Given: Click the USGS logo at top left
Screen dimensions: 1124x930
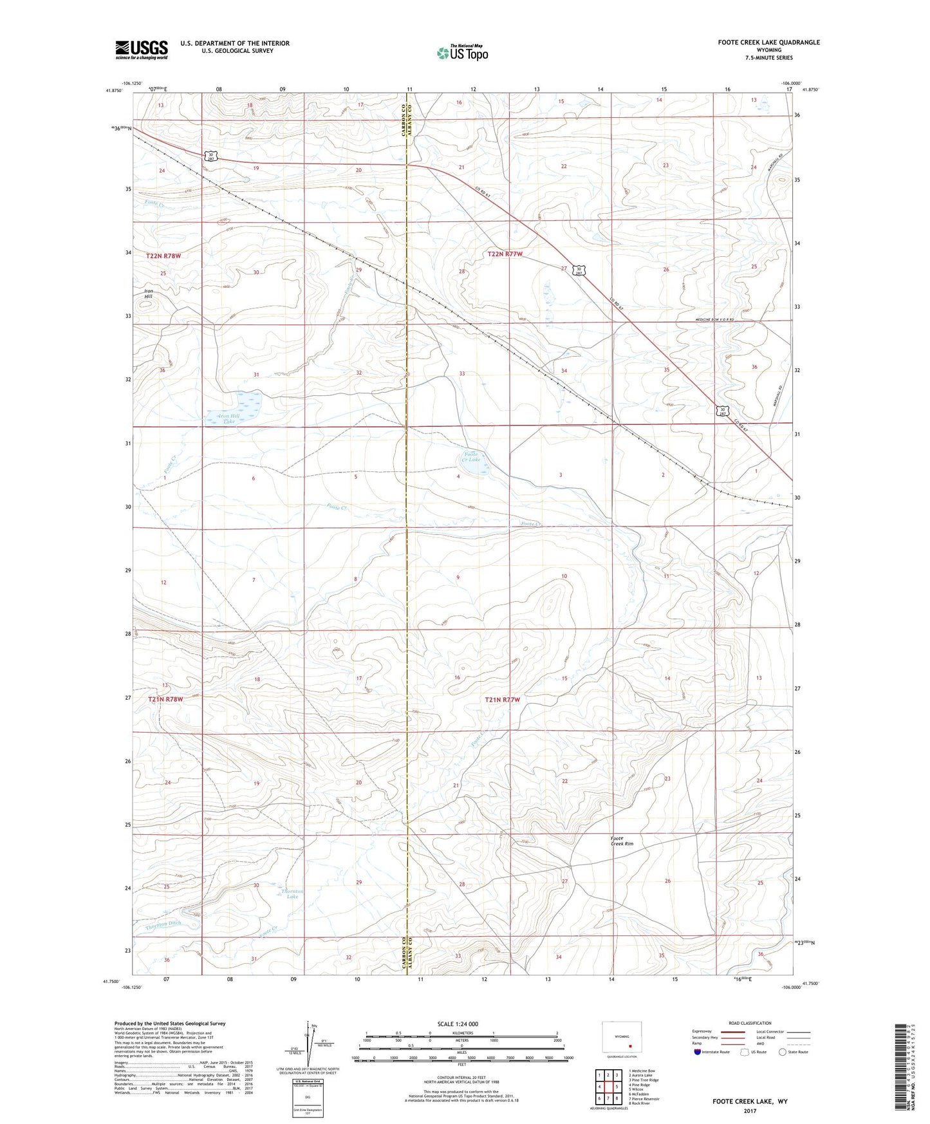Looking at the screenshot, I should pos(141,49).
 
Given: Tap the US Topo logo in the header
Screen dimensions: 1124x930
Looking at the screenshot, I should pos(461,53).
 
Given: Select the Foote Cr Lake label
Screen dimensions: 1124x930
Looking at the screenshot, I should pos(472,456).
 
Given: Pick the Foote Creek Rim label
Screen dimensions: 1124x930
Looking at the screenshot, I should pos(622,841).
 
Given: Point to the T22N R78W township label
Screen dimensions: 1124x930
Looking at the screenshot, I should pos(163,256).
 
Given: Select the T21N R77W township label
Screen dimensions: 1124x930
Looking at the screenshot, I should pos(503,699).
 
